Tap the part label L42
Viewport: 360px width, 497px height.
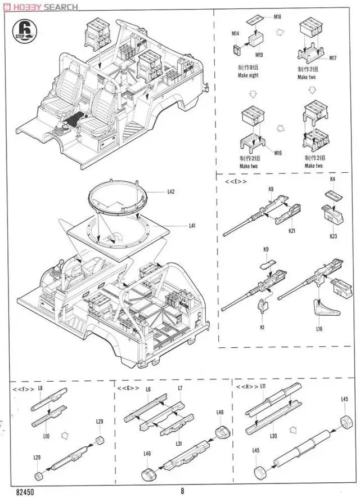click(x=171, y=192)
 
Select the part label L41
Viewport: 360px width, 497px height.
click(x=192, y=226)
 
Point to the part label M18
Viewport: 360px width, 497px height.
click(x=277, y=17)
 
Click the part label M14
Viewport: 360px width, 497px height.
click(x=235, y=34)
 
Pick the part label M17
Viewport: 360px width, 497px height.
click(x=332, y=58)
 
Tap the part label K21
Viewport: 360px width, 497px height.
click(x=292, y=231)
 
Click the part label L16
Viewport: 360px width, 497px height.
click(x=319, y=329)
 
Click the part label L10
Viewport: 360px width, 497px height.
click(x=47, y=436)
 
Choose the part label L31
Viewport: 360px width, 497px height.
click(x=179, y=444)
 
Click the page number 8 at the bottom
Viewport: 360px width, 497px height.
click(x=182, y=490)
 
